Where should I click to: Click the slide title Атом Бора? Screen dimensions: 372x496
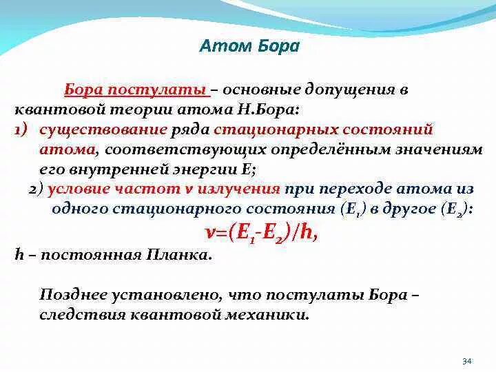(249, 47)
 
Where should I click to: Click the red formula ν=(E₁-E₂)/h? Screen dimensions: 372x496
(261, 233)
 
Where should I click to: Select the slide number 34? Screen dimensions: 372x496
(466, 360)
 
